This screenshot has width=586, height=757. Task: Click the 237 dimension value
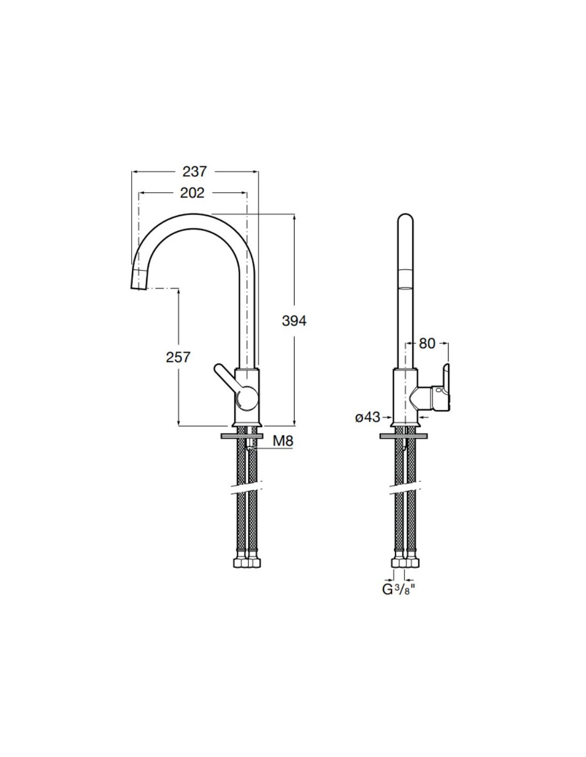tap(195, 171)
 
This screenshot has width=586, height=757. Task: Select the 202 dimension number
tap(192, 193)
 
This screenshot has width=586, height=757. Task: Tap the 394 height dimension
tap(294, 321)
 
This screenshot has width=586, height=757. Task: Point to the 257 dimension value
tap(178, 357)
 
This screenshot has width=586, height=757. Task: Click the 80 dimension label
tap(427, 344)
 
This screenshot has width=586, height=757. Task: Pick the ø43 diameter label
tap(368, 417)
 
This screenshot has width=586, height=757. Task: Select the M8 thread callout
tap(283, 441)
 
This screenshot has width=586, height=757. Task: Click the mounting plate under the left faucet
tap(242, 436)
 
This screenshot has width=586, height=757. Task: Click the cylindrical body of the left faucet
tap(247, 397)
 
